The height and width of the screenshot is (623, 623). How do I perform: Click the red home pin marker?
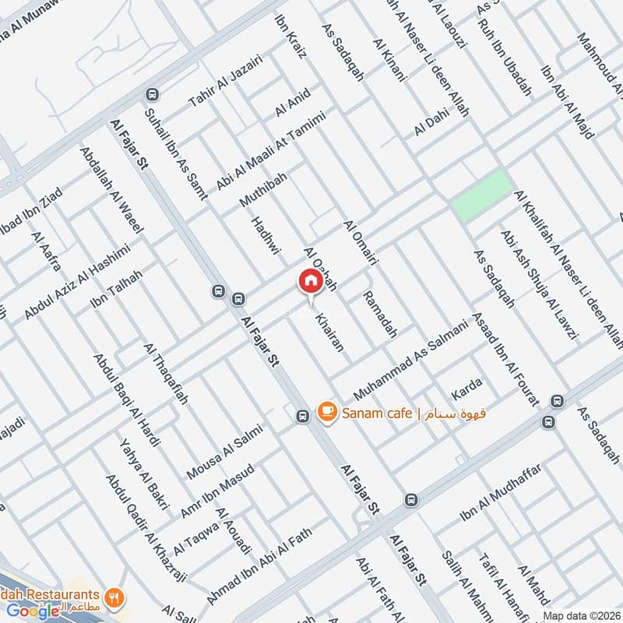click(310, 281)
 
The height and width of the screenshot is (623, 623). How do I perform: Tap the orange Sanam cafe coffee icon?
click(326, 411)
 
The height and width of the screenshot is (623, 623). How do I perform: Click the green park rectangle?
click(482, 195)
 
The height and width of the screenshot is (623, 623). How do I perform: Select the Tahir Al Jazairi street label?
click(226, 81)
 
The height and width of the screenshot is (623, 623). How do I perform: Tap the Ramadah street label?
click(380, 315)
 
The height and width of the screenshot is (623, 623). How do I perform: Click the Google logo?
click(33, 611)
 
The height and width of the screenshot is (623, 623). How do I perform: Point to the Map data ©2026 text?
click(581, 616)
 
